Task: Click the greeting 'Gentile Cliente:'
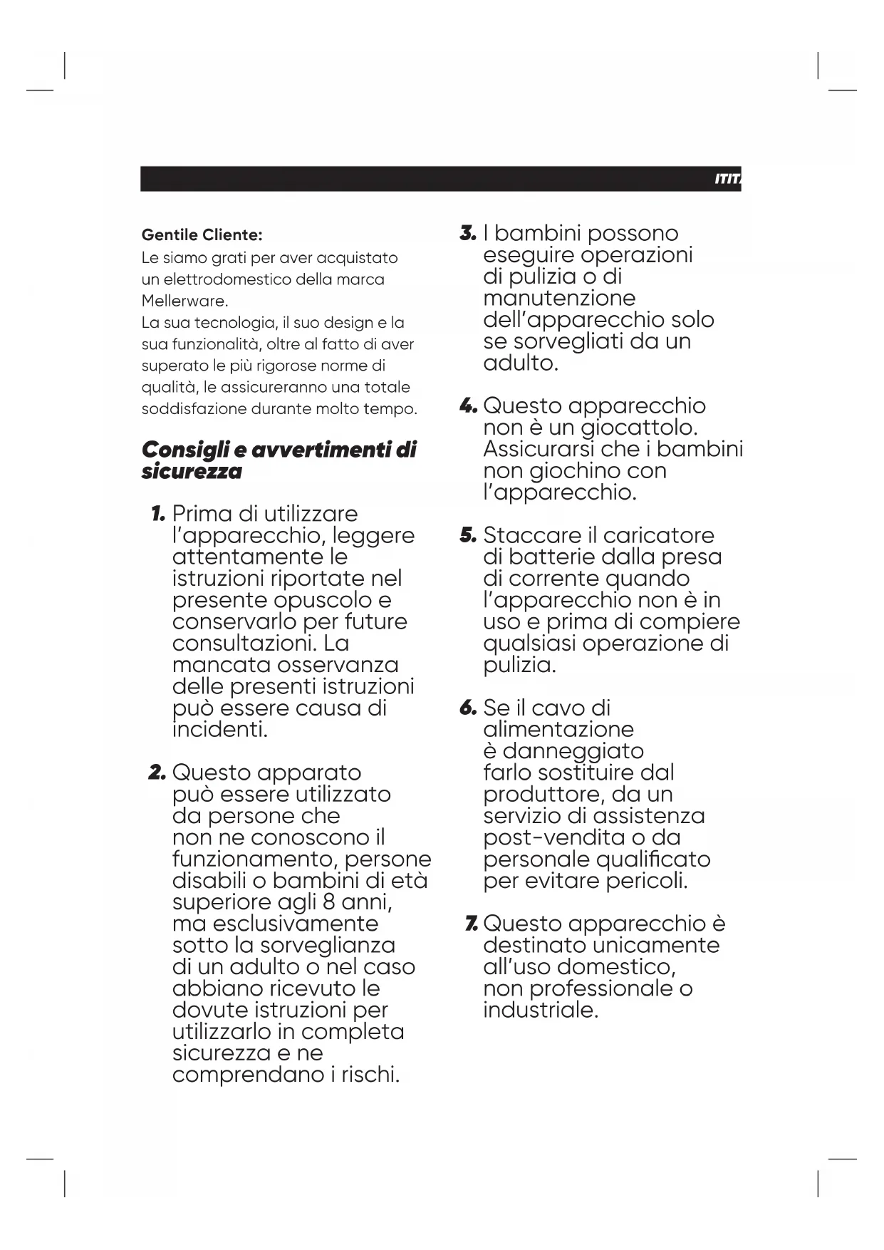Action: click(202, 234)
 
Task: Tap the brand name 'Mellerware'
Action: click(183, 301)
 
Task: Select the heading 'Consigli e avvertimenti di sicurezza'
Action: click(279, 460)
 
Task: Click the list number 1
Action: click(158, 514)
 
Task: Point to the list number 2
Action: click(157, 773)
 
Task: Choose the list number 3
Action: click(467, 233)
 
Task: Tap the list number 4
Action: click(467, 406)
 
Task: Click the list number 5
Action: click(467, 535)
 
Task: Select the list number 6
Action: click(467, 708)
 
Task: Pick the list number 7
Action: click(470, 924)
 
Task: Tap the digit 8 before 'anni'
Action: click(328, 902)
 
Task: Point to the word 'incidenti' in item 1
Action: click(219, 730)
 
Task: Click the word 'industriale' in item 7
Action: click(539, 1010)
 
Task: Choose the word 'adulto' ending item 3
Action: click(519, 363)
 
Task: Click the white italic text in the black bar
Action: click(727, 179)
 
